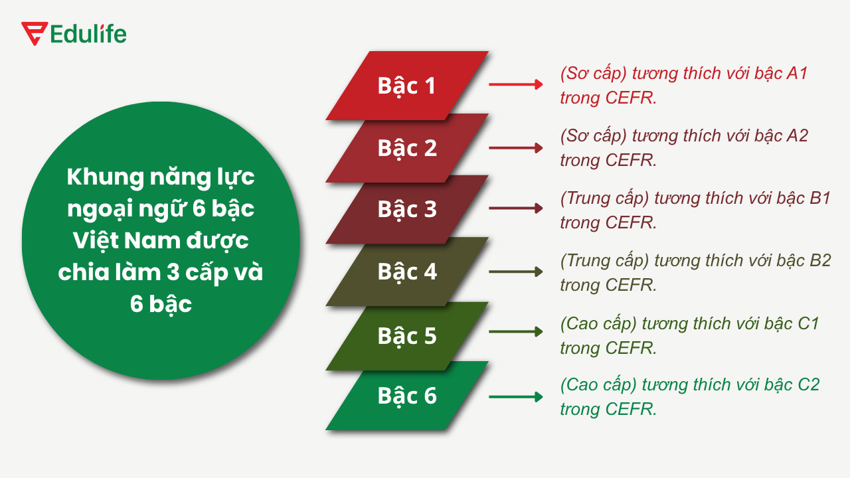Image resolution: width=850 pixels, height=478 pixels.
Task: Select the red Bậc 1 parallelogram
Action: point(407,86)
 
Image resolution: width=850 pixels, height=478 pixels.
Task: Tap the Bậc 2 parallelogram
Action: point(407,147)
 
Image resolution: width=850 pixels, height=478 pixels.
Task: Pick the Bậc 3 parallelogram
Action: point(407,209)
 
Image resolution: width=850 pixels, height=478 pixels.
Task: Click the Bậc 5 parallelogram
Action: point(407,335)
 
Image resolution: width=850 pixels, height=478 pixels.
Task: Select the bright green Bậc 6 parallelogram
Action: point(407,396)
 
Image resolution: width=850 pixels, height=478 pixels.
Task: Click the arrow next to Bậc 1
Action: point(516,84)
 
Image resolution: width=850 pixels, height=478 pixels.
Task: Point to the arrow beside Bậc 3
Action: point(516,208)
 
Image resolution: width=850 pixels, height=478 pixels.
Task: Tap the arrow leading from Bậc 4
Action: point(516,272)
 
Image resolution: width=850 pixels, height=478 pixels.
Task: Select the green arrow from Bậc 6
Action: point(516,397)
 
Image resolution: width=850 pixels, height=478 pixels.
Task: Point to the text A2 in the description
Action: point(797,135)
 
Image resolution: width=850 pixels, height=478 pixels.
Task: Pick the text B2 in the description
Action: point(820,260)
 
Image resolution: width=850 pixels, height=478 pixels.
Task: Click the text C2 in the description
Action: point(808,384)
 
